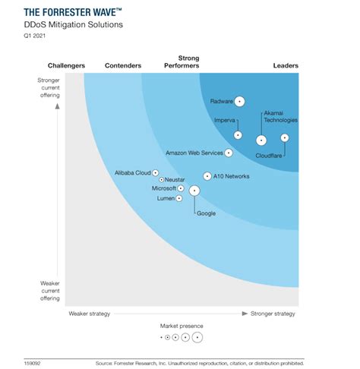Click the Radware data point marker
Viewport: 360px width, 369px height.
pyautogui.click(x=239, y=101)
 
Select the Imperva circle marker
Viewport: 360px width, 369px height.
pyautogui.click(x=238, y=135)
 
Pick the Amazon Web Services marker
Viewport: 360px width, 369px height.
pyautogui.click(x=229, y=153)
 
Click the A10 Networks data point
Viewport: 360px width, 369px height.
pyautogui.click(x=207, y=176)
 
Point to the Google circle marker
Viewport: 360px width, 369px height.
pyautogui.click(x=194, y=191)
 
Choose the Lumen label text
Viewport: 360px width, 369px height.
pyautogui.click(x=165, y=198)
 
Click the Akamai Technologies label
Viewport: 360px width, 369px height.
pyautogui.click(x=279, y=116)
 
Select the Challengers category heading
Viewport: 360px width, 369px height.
pyautogui.click(x=66, y=66)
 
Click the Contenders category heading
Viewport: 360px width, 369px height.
pyautogui.click(x=122, y=66)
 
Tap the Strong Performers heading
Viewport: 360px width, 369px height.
pyautogui.click(x=188, y=61)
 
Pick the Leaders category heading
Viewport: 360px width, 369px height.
pyautogui.click(x=286, y=66)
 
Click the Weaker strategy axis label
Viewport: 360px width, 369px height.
pyautogui.click(x=90, y=313)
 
